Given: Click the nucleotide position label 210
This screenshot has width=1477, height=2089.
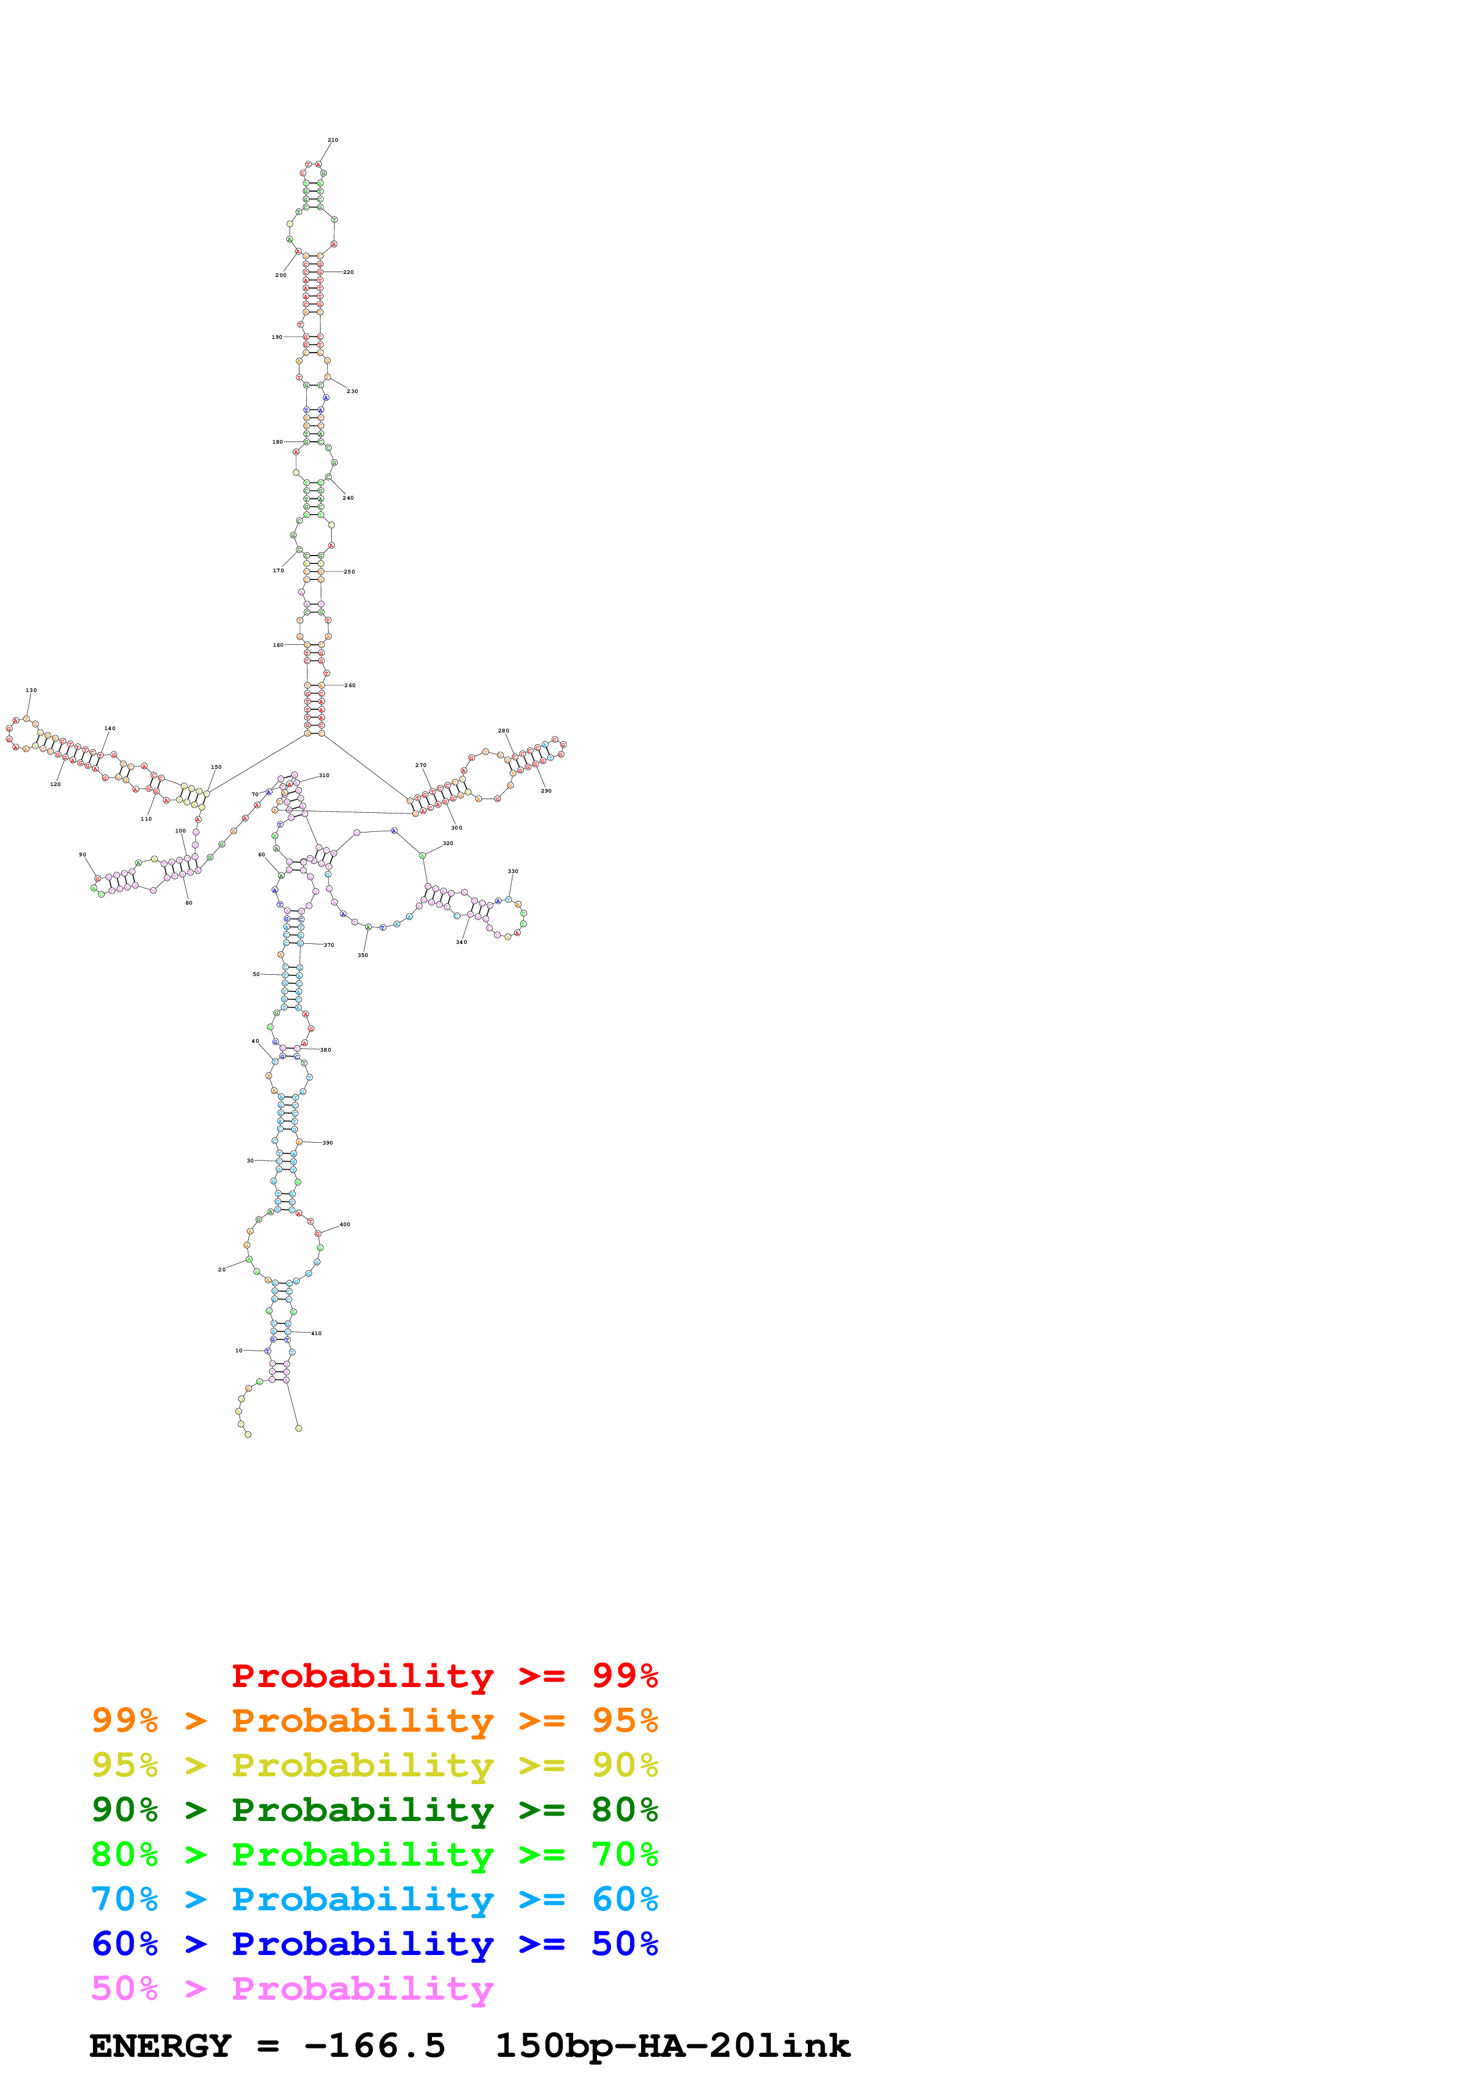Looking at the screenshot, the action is coord(333,140).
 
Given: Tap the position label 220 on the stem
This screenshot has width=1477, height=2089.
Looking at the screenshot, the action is coord(349,272).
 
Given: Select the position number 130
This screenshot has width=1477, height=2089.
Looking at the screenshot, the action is coord(31,691).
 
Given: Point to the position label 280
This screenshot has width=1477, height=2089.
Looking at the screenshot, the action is coord(503,731).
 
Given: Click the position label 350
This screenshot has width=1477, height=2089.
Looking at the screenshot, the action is coord(362,955).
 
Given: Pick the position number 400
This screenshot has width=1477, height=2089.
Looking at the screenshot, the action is coord(345,1225).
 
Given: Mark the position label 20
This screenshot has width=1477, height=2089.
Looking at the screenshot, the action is coord(221,1269).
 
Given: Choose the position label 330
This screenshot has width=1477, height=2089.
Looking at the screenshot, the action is coord(512,872).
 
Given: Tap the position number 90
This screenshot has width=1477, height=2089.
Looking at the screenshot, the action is coord(82,855).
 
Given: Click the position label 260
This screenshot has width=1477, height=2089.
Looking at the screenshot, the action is coord(350,685).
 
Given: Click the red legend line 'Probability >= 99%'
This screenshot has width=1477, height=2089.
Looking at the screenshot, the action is coord(444,1676).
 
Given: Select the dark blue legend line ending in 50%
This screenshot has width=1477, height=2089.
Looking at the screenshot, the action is coord(374,1944).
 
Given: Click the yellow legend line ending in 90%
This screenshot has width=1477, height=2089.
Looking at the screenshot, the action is coord(374,1765).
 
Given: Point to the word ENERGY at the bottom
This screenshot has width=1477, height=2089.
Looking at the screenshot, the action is coord(160,2046).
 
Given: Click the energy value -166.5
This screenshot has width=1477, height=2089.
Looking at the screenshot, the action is coord(374,2046).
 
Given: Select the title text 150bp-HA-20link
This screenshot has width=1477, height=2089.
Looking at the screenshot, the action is coord(673,2046).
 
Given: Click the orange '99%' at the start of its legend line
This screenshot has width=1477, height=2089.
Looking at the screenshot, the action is coord(125,1720).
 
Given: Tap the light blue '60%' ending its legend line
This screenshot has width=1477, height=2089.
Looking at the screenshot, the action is coord(625,1899).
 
